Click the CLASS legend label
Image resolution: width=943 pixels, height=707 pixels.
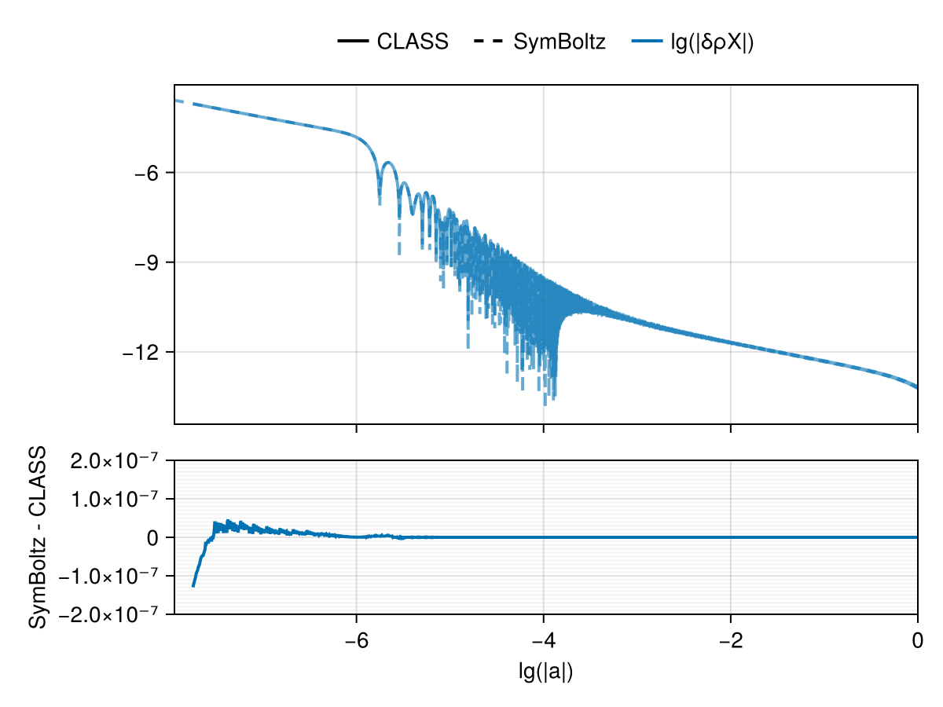click(x=412, y=42)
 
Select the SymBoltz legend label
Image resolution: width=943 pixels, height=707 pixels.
click(x=559, y=42)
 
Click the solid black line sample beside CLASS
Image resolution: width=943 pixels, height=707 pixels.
click(x=354, y=42)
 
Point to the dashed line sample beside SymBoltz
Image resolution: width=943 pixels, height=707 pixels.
click(x=490, y=42)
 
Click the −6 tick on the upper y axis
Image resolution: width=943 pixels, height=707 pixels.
click(x=149, y=173)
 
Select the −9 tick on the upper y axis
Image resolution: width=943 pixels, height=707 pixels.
click(x=149, y=262)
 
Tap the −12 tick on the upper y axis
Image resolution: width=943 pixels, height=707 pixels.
click(x=144, y=352)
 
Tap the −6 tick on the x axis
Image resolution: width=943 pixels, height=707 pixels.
click(x=356, y=640)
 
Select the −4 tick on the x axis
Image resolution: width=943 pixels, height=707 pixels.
click(x=543, y=640)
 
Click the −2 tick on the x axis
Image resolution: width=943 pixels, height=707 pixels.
click(x=730, y=640)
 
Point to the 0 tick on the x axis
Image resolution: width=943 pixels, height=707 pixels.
click(x=917, y=640)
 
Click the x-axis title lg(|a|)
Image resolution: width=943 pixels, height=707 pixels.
click(x=545, y=672)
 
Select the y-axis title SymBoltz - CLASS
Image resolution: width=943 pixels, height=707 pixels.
click(x=37, y=537)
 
